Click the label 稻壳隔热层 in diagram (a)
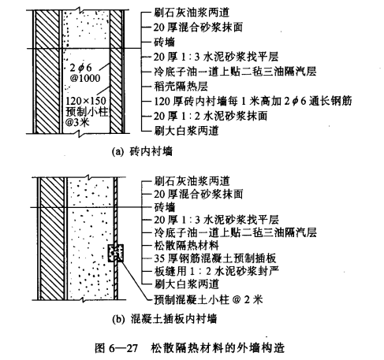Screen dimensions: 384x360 181,87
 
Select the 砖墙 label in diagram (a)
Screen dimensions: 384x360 164,42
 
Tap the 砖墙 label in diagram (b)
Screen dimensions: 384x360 165,207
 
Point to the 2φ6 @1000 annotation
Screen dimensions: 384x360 84,72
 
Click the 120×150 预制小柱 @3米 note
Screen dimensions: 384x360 87,112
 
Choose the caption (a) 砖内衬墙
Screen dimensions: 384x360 142,151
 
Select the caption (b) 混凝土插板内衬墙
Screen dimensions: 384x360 164,319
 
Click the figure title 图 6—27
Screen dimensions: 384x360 116,348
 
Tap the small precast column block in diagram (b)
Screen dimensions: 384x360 116,253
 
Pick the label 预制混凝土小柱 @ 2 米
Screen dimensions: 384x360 208,299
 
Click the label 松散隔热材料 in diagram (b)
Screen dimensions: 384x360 186,246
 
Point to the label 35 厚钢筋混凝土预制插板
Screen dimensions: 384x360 215,258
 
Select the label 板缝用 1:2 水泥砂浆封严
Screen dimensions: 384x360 216,271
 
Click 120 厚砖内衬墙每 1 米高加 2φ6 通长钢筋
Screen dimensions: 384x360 253,101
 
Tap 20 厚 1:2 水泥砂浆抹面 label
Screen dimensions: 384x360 211,116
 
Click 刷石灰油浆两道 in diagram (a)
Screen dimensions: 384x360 192,13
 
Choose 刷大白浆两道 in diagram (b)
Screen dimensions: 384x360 186,284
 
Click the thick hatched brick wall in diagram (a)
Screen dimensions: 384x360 47,72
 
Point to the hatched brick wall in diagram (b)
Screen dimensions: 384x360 53,239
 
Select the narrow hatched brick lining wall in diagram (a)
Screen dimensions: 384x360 116,72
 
